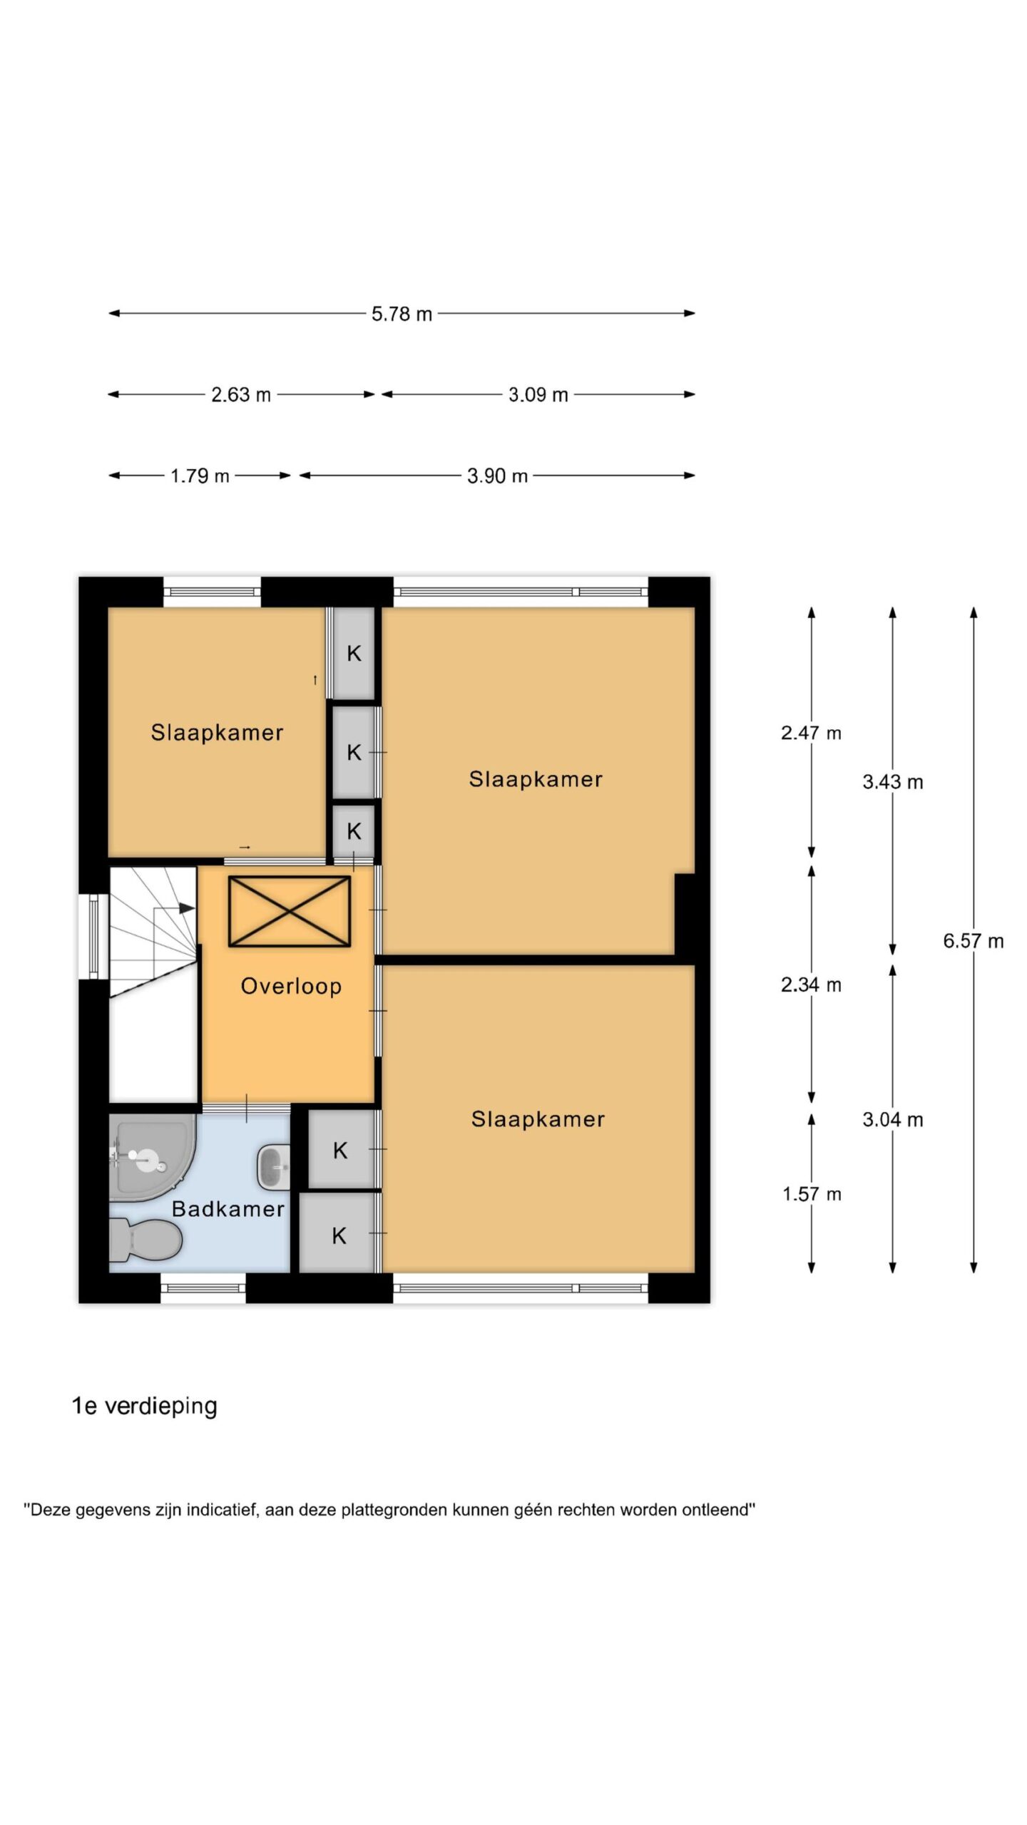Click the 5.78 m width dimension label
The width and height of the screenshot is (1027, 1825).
[402, 314]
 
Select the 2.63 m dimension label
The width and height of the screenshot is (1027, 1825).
[241, 394]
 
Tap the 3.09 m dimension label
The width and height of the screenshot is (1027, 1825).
[538, 394]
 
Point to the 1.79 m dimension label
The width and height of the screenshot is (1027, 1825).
[200, 475]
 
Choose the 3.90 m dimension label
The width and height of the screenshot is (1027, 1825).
[497, 475]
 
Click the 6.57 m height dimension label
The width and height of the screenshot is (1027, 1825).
[974, 941]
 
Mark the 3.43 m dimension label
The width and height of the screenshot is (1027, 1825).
[893, 782]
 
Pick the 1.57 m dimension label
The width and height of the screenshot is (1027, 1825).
[812, 1194]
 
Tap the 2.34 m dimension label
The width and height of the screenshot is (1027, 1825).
[812, 985]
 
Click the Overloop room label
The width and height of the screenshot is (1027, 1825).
[291, 986]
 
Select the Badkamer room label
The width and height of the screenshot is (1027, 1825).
[228, 1208]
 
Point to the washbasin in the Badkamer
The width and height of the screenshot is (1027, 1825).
[273, 1167]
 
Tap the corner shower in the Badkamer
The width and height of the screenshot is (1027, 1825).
[151, 1158]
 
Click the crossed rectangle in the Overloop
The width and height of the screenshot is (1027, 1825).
[290, 912]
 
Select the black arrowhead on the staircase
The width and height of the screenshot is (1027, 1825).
[186, 908]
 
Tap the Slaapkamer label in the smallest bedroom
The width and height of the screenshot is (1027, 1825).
[217, 732]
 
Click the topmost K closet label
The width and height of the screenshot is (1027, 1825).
[354, 653]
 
